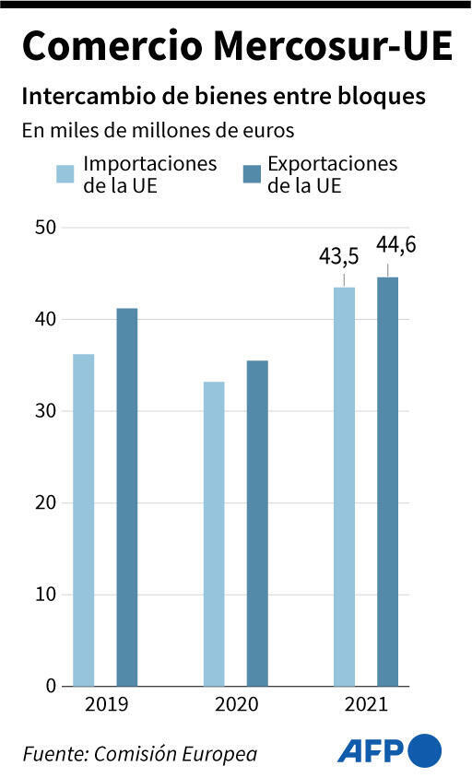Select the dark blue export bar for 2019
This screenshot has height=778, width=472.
coord(126,497)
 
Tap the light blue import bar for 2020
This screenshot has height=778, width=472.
coord(214,534)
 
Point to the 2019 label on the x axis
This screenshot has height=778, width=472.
coord(105,706)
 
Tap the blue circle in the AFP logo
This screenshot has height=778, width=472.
coord(425,750)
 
